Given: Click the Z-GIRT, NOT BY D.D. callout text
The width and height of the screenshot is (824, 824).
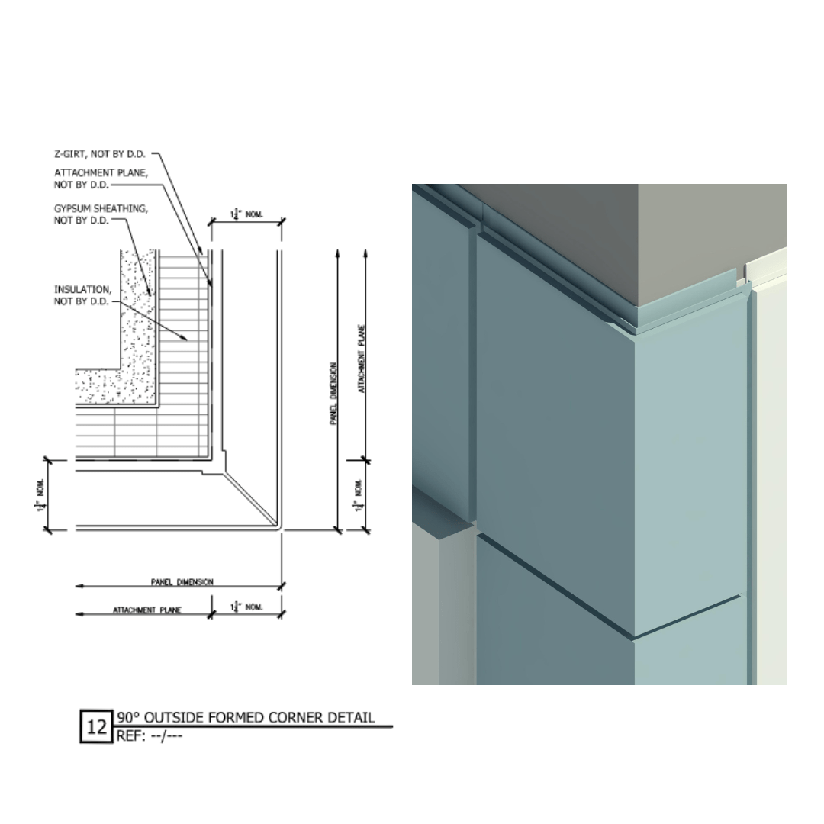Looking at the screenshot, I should click(99, 154).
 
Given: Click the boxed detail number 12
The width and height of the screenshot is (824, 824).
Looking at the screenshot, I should click(97, 726).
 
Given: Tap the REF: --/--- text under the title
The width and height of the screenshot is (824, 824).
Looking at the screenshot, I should click(150, 736).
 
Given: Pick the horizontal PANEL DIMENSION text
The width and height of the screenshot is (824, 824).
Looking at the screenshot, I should click(182, 582).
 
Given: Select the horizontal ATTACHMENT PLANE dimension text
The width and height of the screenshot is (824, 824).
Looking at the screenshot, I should click(147, 610).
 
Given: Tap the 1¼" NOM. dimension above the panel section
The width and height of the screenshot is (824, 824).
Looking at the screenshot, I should click(246, 216).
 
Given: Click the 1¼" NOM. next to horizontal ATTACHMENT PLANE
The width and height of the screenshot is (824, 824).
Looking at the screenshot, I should click(246, 607).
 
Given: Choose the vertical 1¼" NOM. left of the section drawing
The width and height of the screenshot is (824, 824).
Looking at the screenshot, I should click(39, 496).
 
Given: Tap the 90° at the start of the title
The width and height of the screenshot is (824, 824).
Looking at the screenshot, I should click(127, 717).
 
